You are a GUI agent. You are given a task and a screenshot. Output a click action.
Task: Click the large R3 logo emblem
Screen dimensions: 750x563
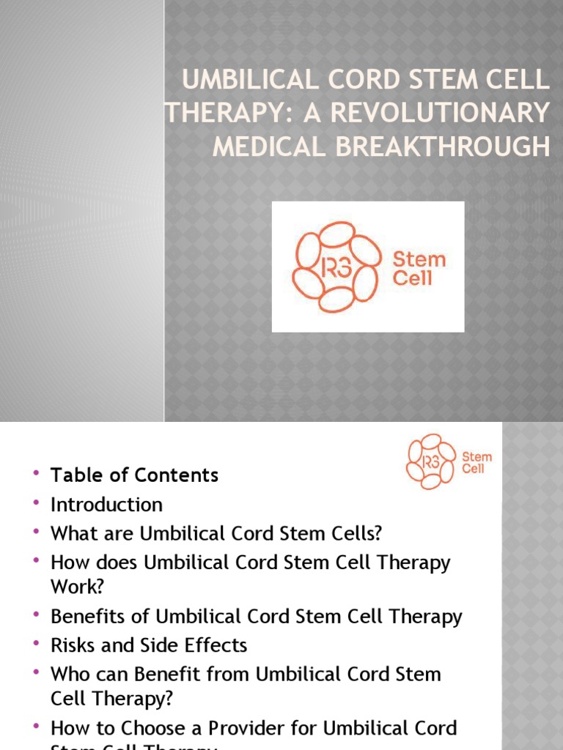[x=336, y=267]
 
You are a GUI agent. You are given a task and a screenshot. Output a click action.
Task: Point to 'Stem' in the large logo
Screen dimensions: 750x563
[x=419, y=259]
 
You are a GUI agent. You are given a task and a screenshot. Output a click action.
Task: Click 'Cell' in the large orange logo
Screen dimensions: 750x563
[x=413, y=278]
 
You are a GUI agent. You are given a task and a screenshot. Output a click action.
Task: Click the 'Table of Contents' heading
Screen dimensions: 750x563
[x=134, y=475]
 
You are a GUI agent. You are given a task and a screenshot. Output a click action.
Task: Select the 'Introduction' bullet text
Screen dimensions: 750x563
[x=106, y=505]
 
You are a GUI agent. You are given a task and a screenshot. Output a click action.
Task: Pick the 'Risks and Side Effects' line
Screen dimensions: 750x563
[x=149, y=645]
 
